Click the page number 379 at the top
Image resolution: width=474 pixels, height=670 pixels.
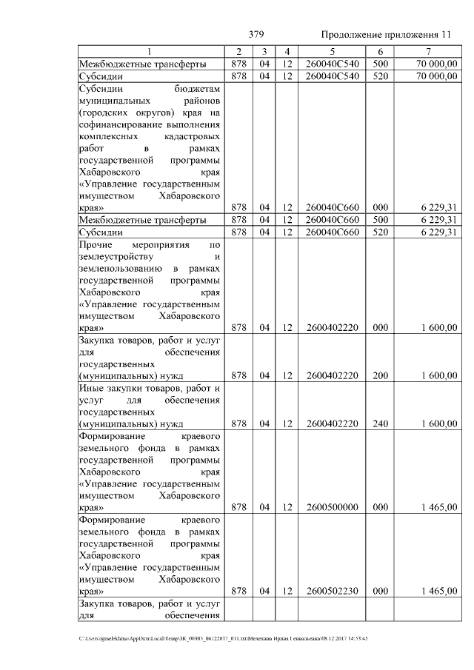pyautogui.click(x=257, y=35)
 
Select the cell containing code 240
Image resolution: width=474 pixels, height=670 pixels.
pyautogui.click(x=380, y=423)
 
